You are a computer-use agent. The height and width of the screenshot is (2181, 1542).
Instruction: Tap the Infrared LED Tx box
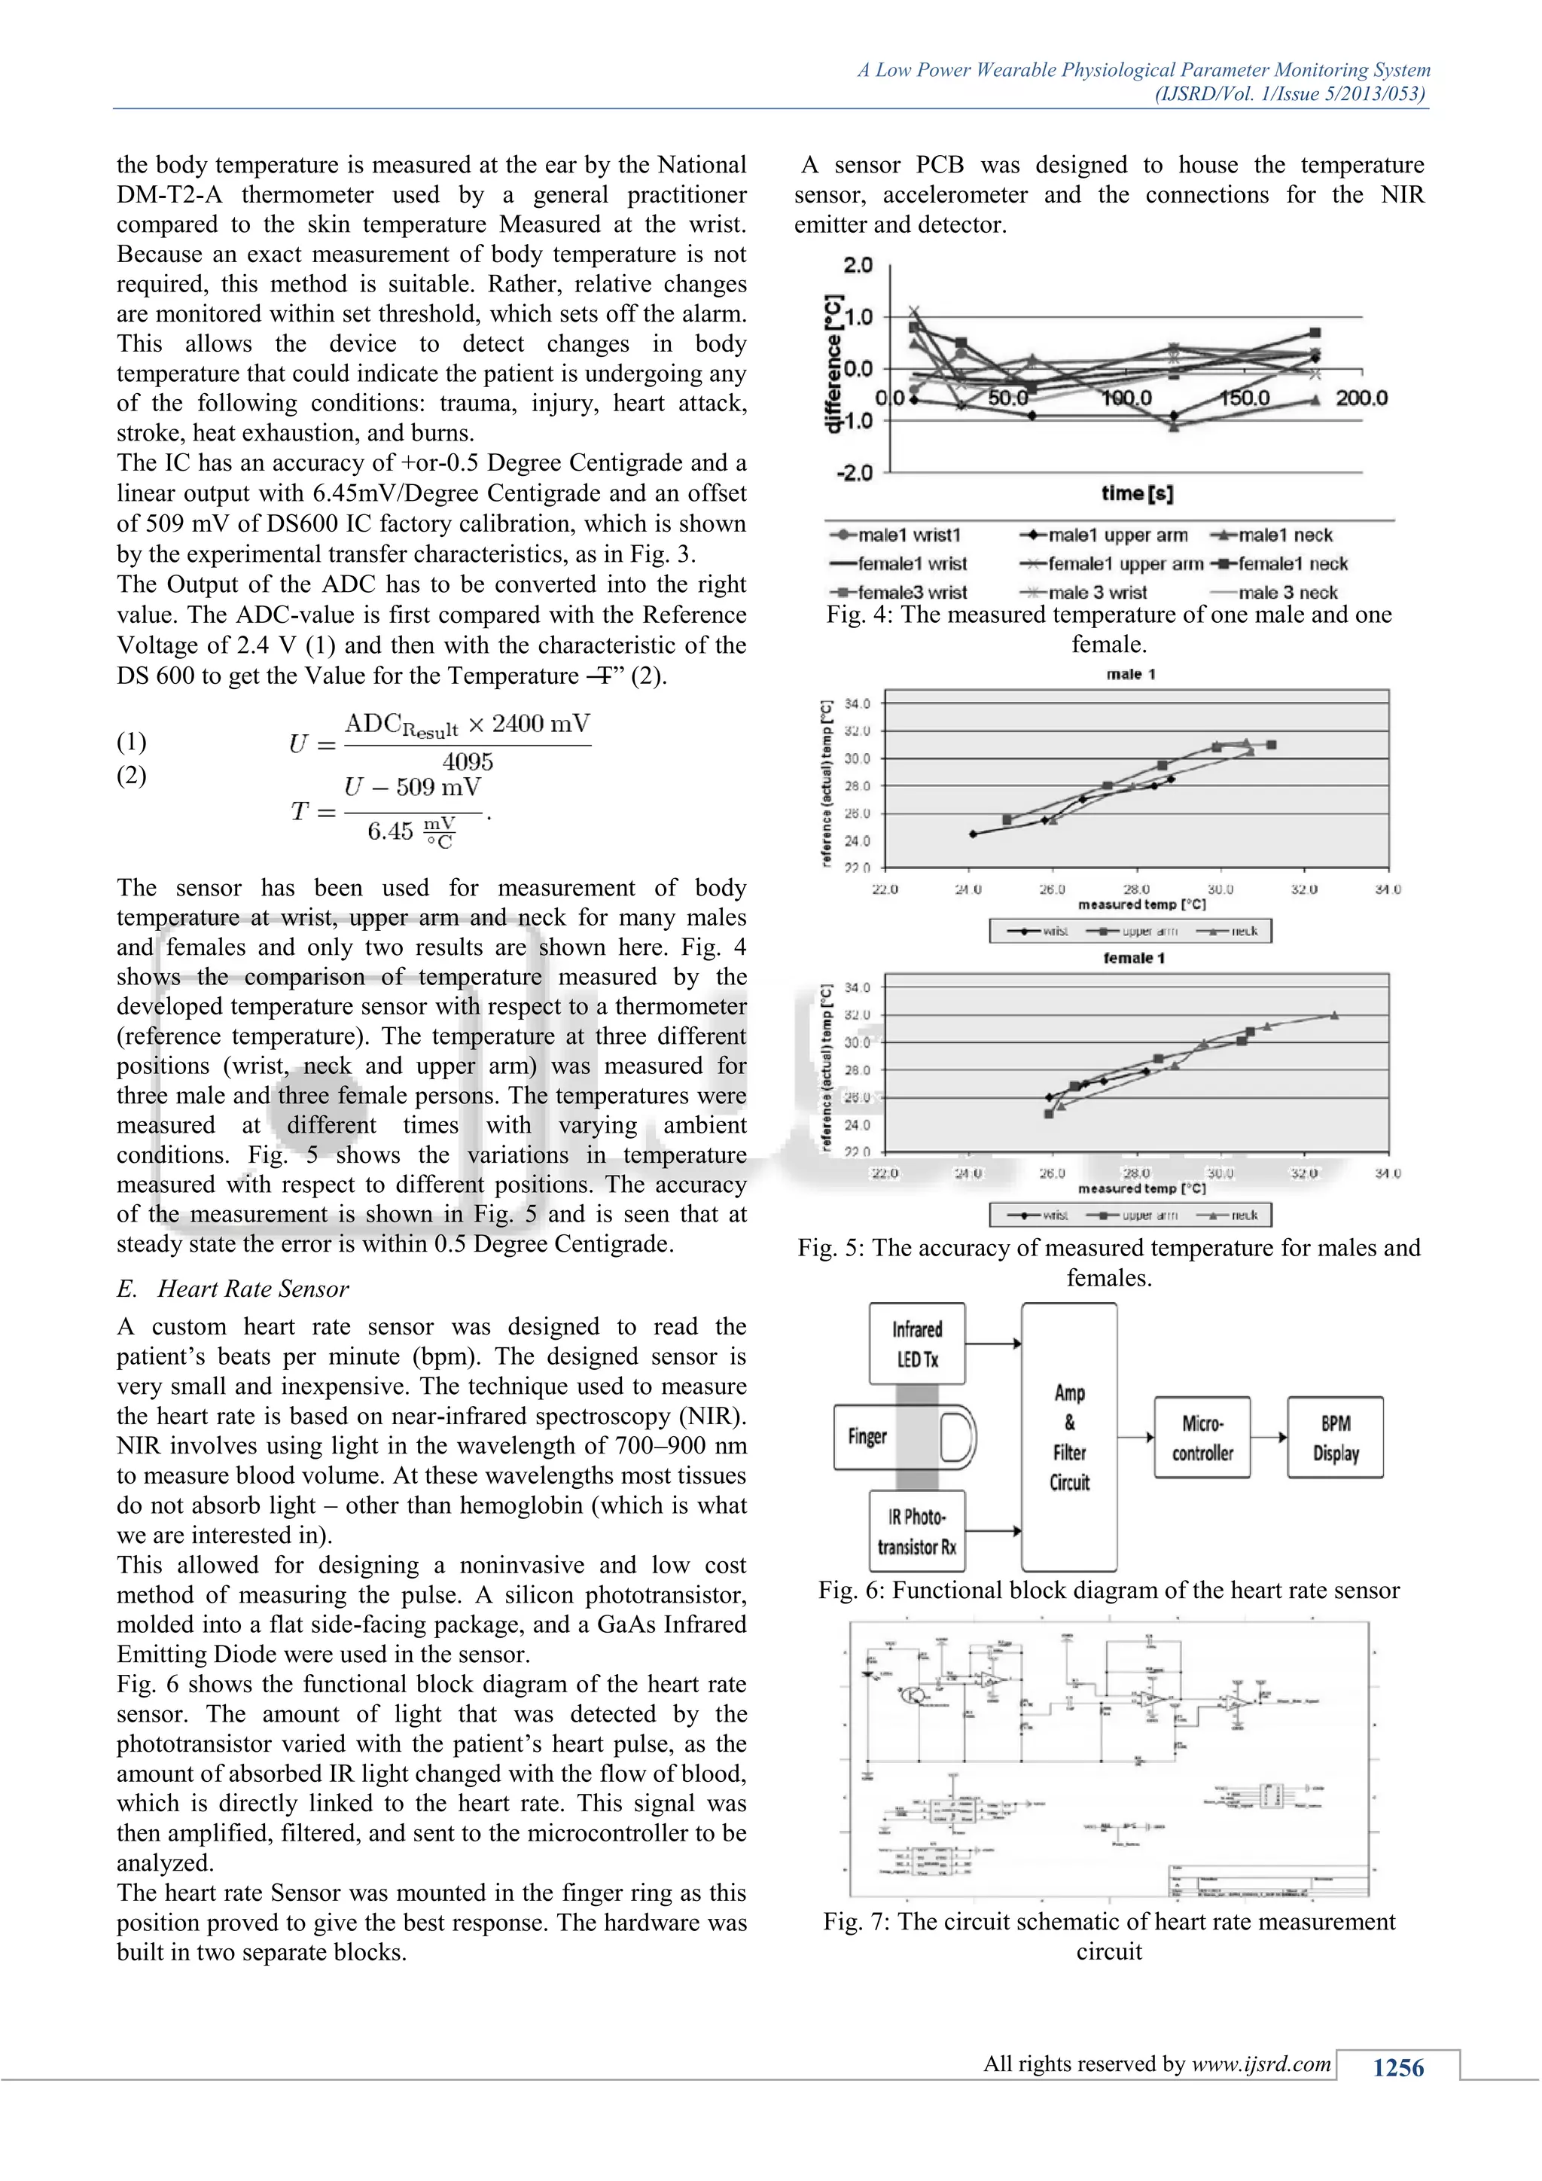(917, 1344)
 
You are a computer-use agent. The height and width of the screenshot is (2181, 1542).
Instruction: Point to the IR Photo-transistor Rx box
(917, 1531)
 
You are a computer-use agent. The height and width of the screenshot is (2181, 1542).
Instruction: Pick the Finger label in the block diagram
(867, 1436)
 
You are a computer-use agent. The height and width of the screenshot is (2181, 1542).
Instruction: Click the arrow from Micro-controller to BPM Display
(1269, 1437)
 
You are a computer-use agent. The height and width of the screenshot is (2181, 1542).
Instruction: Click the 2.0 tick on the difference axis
(858, 265)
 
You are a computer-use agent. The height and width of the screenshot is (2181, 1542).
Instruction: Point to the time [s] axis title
(1137, 493)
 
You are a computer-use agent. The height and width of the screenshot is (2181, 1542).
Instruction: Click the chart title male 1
(1131, 675)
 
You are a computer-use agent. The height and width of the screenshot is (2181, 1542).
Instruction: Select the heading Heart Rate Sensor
(252, 1289)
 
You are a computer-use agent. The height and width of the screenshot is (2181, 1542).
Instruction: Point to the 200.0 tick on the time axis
(1361, 398)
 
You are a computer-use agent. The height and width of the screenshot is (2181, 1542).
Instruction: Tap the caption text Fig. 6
(851, 1590)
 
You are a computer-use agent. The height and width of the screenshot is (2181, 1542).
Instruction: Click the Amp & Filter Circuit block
(1069, 1437)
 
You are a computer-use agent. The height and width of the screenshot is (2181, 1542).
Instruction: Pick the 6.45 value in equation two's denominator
(390, 832)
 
